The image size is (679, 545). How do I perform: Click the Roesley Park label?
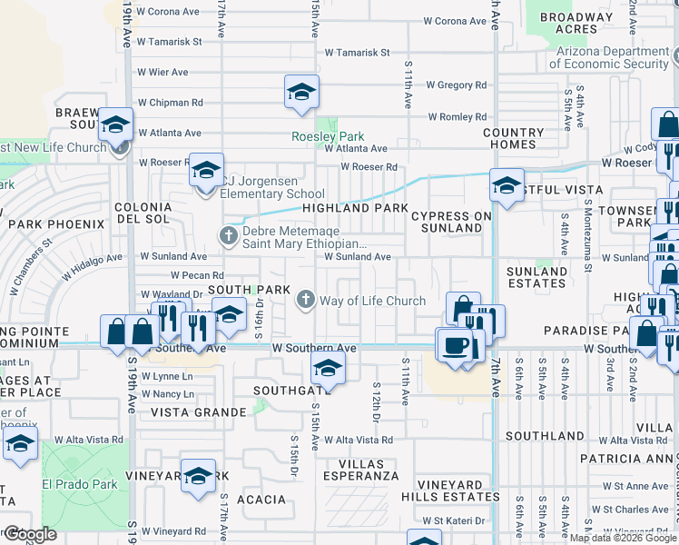[x=328, y=136]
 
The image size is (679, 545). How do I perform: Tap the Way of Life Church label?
[x=372, y=301]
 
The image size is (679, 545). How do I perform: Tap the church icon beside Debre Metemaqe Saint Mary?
[x=228, y=236]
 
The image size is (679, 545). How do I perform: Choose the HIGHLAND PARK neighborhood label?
[x=355, y=208]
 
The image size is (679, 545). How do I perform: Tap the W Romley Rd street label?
[x=457, y=117]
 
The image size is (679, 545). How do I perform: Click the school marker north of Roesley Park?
[x=301, y=93]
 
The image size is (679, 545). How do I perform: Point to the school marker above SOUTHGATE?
[x=328, y=368]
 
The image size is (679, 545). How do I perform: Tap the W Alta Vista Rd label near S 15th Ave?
[x=359, y=440]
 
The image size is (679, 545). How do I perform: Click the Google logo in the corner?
[x=29, y=534]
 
